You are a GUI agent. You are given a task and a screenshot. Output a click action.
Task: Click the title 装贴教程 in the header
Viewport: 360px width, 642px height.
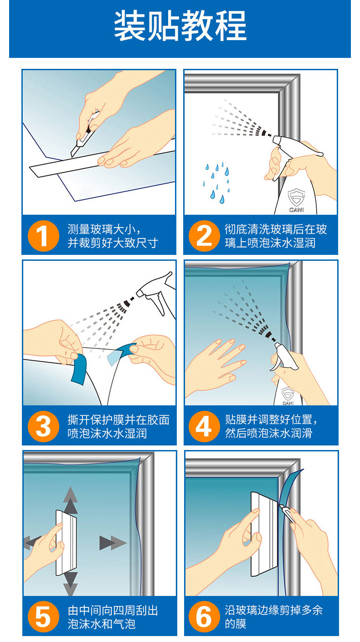(x=180, y=26)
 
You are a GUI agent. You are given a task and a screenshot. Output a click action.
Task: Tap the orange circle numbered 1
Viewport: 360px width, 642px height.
(x=44, y=236)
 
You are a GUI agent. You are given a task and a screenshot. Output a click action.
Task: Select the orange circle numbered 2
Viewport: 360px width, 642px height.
(x=204, y=236)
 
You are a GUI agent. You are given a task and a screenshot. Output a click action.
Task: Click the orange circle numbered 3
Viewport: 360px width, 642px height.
(x=44, y=426)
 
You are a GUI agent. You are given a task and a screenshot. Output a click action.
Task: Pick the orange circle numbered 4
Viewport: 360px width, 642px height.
(x=204, y=426)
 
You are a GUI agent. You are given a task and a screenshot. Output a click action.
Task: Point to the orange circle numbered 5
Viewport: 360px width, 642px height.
(x=44, y=617)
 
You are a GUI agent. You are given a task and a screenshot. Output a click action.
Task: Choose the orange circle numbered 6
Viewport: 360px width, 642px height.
(x=204, y=617)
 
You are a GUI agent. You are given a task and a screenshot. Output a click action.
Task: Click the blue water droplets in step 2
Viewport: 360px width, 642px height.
(x=216, y=182)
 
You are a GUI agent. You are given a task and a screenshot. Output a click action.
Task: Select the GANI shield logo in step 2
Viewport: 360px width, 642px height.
(x=296, y=200)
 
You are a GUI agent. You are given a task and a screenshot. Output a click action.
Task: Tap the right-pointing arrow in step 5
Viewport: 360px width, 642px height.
(x=113, y=543)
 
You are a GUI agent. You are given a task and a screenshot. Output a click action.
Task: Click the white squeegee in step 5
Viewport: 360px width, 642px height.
(x=66, y=543)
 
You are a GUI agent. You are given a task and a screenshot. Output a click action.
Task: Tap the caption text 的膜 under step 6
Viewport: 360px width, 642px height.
(x=236, y=624)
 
